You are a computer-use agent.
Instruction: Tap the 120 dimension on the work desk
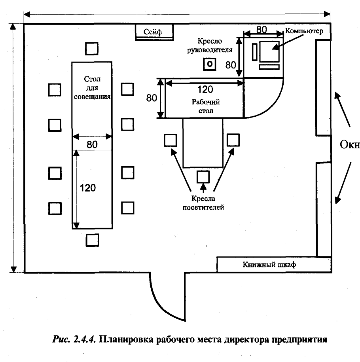click(x=205, y=89)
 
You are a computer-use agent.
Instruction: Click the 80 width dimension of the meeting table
click(x=92, y=145)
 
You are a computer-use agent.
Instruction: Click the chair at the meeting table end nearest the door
click(x=92, y=240)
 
